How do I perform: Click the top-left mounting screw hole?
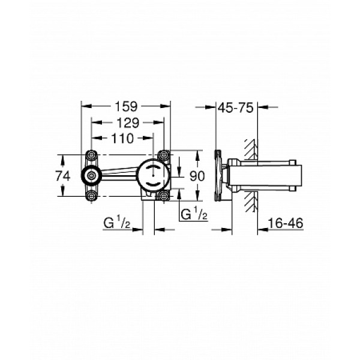pos(92,154)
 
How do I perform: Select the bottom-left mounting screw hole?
pos(92,196)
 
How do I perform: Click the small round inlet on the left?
pos(92,175)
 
